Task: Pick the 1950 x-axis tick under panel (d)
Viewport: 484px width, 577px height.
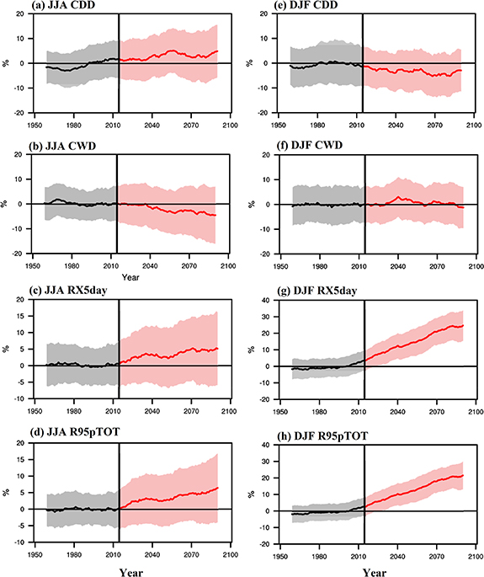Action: [35, 556]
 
